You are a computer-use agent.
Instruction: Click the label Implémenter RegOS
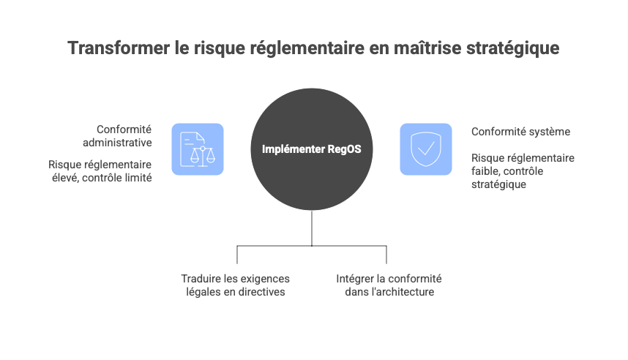(x=312, y=149)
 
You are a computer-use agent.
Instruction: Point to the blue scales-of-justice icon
(x=198, y=149)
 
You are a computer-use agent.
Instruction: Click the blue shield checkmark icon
(x=425, y=149)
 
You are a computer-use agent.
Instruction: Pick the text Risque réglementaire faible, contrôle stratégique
(x=523, y=171)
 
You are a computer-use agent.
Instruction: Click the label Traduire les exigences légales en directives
(x=236, y=285)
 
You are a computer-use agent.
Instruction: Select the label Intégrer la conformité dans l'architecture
(x=389, y=285)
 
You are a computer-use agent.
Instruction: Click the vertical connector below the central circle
(x=313, y=228)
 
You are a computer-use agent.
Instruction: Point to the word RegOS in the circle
(x=345, y=149)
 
